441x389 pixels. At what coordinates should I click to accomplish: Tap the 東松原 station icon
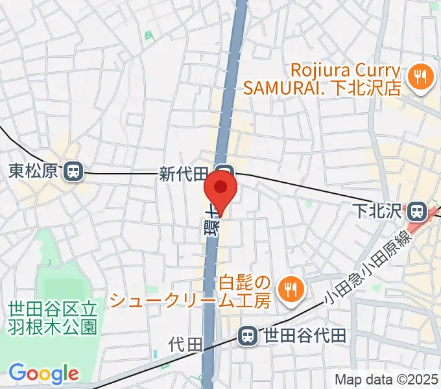(x=73, y=171)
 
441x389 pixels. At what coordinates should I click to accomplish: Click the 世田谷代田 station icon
(x=247, y=336)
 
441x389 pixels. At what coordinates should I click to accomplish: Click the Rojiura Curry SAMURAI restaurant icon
(x=418, y=78)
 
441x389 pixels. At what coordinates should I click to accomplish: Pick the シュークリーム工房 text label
(x=189, y=300)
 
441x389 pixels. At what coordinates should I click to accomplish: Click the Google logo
(x=43, y=373)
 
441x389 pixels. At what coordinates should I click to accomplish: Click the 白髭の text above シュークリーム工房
(x=243, y=283)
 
